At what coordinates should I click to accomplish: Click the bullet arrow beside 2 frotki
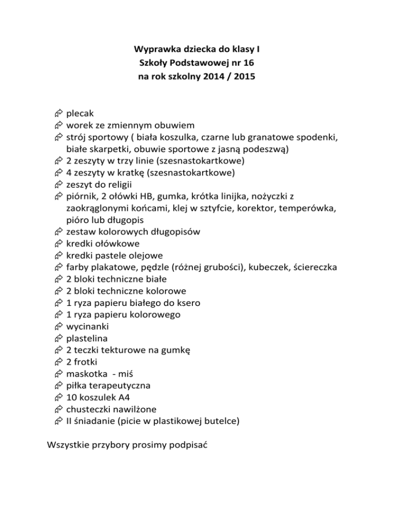[57, 362]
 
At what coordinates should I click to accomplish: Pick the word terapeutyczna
[115, 385]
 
